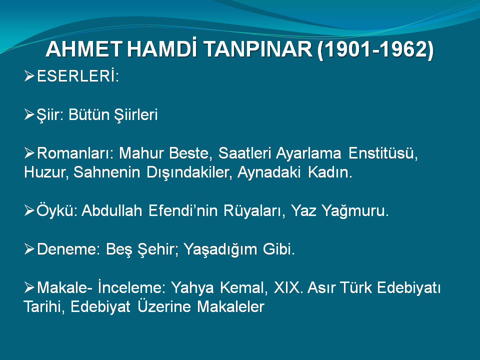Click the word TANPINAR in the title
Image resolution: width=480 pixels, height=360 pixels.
pyautogui.click(x=257, y=49)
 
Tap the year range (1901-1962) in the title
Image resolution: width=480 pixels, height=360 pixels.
pyautogui.click(x=375, y=49)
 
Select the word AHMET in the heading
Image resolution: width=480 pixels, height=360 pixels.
pyautogui.click(x=84, y=49)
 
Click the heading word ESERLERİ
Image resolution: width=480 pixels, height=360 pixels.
pyautogui.click(x=77, y=76)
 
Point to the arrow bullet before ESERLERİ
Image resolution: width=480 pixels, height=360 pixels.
pyautogui.click(x=29, y=76)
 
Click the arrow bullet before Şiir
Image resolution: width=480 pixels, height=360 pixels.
pyautogui.click(x=29, y=114)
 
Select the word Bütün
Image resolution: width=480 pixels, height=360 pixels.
pyautogui.click(x=89, y=114)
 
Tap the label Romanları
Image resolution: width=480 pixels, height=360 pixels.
pyautogui.click(x=75, y=153)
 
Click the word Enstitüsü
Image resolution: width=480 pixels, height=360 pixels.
pyautogui.click(x=383, y=153)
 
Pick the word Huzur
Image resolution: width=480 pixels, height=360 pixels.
pyautogui.click(x=46, y=172)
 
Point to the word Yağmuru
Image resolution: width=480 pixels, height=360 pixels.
pyautogui.click(x=355, y=211)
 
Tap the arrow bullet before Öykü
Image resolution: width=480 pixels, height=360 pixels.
pyautogui.click(x=29, y=210)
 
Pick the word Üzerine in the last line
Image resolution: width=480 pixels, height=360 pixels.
pyautogui.click(x=164, y=306)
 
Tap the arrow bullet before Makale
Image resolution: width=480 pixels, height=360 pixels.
pyautogui.click(x=29, y=287)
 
